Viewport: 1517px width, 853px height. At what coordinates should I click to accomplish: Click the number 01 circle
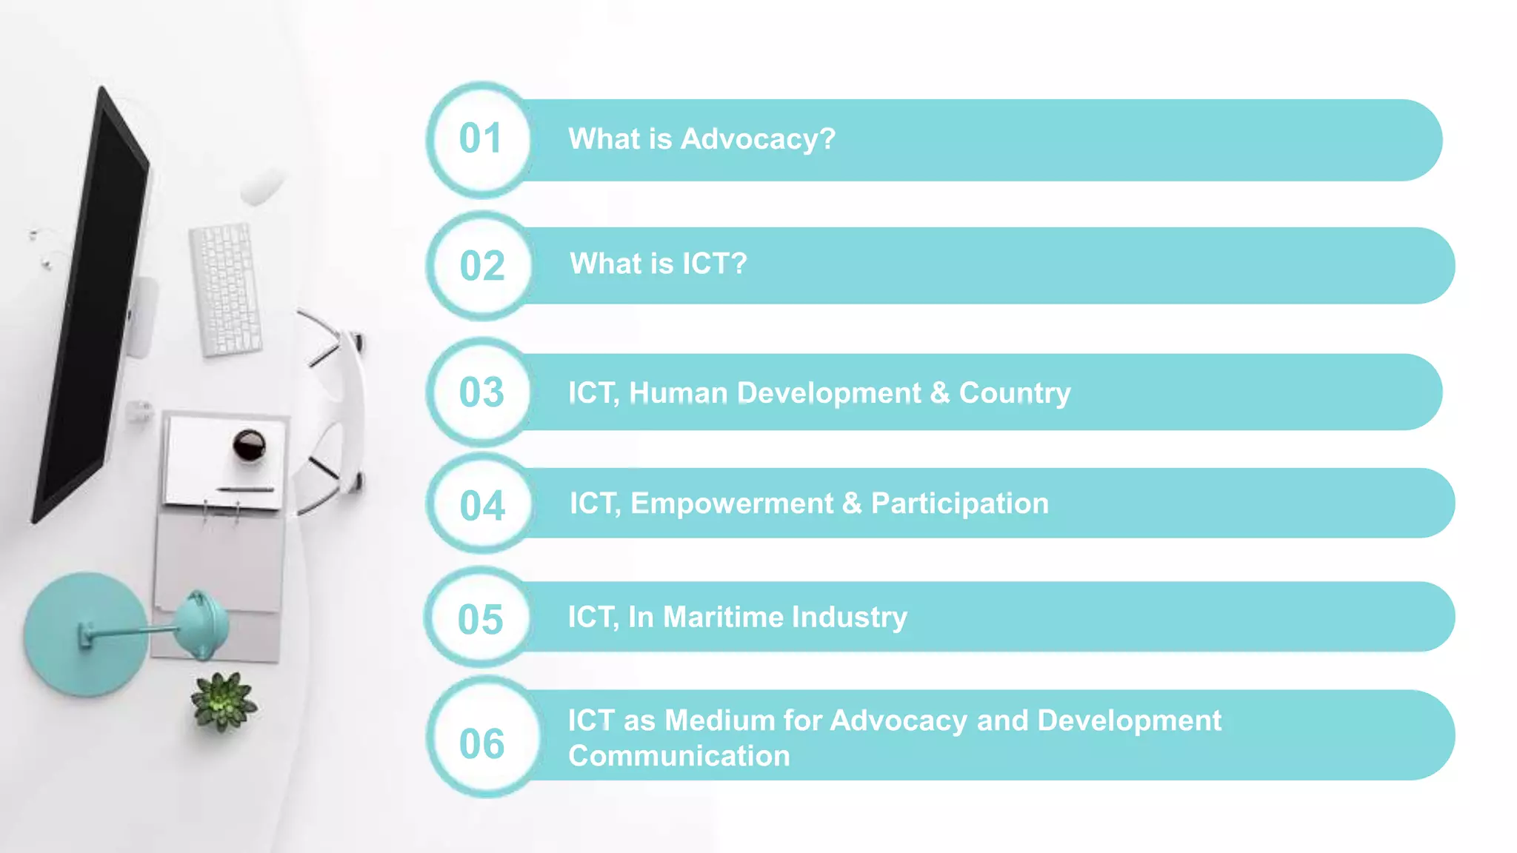coord(481,140)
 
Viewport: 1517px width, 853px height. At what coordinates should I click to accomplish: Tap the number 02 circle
coord(481,266)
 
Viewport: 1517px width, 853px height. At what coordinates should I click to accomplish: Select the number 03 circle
coord(481,392)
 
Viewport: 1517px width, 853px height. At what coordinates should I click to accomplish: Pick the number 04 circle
coord(482,505)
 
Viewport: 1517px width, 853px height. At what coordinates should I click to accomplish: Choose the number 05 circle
coord(481,618)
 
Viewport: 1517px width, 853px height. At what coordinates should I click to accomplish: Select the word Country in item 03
coord(1015,393)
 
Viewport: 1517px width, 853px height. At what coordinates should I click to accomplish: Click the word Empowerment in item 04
coord(732,504)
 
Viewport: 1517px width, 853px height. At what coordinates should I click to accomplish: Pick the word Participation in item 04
coord(959,504)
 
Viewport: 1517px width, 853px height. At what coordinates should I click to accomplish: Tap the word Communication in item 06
coord(679,756)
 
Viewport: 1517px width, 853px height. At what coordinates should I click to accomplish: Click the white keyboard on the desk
coord(225,289)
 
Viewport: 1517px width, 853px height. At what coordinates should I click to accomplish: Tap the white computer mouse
coord(261,185)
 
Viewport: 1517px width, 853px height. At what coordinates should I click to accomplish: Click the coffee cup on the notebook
coord(249,445)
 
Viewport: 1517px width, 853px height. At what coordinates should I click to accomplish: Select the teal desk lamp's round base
coord(83,635)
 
